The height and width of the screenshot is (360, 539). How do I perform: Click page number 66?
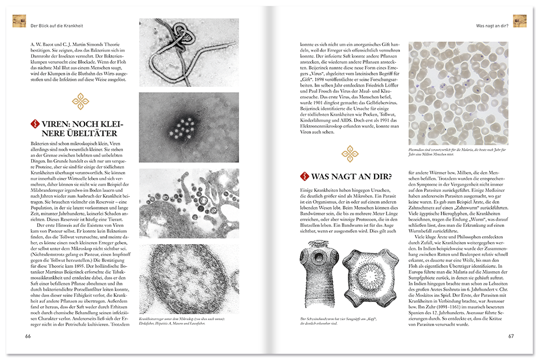coord(28,337)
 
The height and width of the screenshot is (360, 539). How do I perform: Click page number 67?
coord(511,337)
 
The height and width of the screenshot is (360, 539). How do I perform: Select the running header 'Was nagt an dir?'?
coord(491,25)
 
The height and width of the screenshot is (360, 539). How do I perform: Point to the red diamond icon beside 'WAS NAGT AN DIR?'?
coord(304,175)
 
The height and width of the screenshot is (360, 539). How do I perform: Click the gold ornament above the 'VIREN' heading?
coord(80,101)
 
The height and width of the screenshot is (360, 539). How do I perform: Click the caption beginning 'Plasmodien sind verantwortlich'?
coord(458,155)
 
